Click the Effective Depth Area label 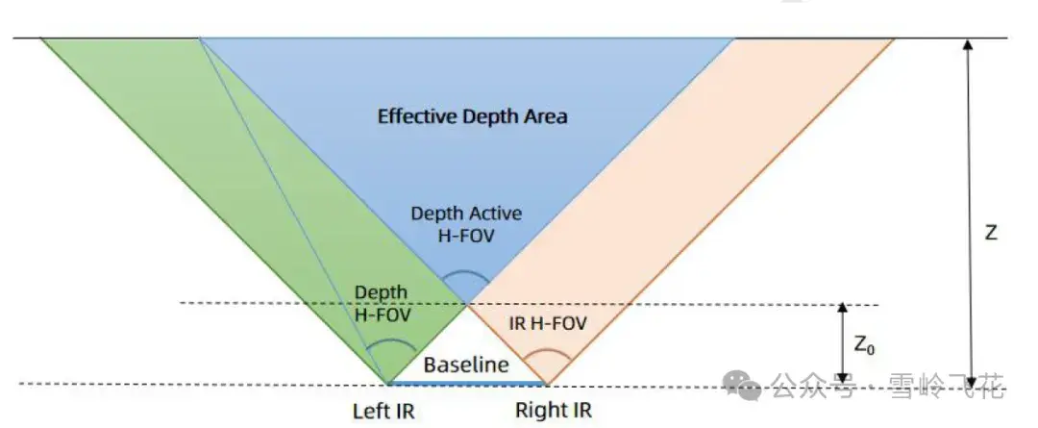[x=473, y=117]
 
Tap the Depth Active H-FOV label [x=466, y=224]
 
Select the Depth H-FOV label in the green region [x=382, y=303]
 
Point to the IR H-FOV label [x=548, y=324]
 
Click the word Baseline [x=467, y=365]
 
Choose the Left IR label [x=383, y=412]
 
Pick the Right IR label [x=554, y=410]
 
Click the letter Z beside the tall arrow [x=991, y=233]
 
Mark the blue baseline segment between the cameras [x=467, y=383]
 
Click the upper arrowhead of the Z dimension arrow [x=968, y=44]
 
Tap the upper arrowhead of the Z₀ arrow [x=843, y=309]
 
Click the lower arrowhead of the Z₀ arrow [x=843, y=378]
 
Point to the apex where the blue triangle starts [x=467, y=303]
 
